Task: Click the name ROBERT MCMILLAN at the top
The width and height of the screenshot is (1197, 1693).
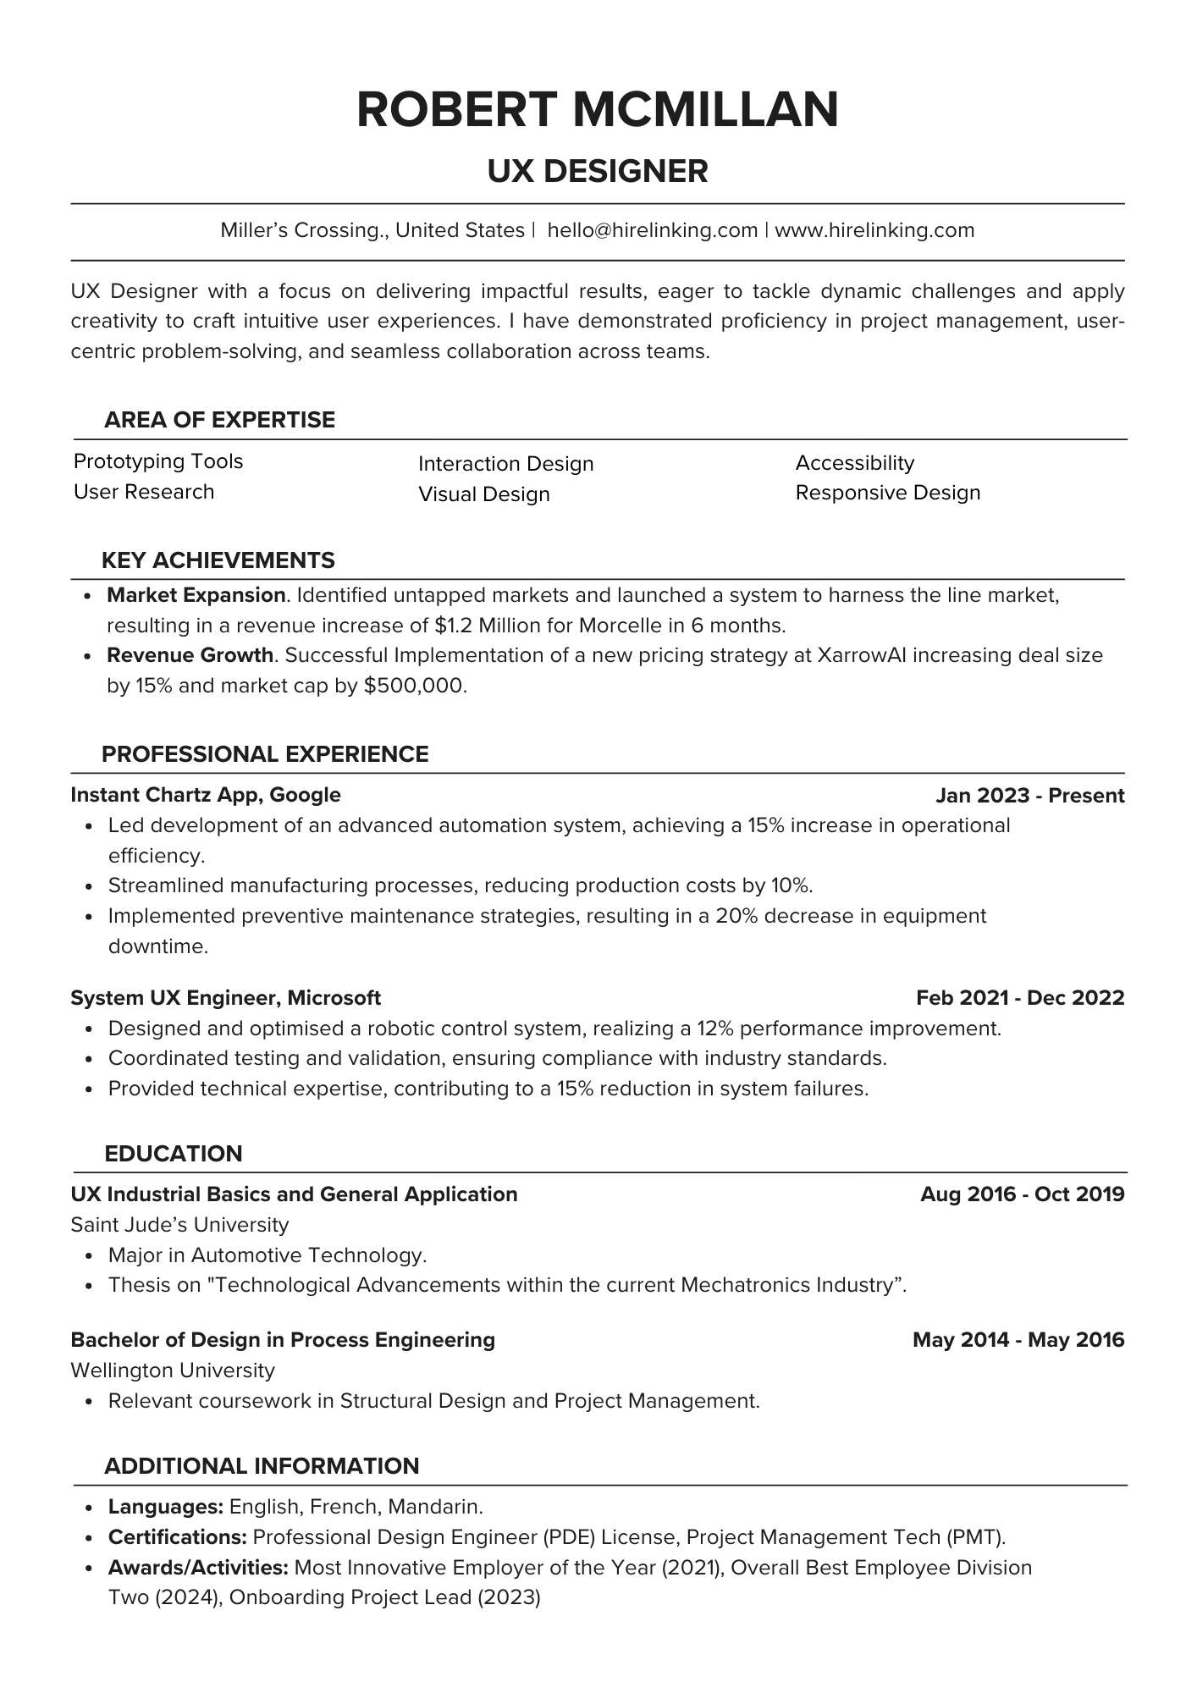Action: (598, 110)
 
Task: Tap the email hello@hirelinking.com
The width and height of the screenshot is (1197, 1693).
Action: (652, 230)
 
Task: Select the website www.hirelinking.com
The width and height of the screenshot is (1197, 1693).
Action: (874, 230)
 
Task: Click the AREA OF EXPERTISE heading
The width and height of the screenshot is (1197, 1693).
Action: (219, 420)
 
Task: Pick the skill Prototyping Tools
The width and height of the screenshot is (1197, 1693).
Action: (158, 461)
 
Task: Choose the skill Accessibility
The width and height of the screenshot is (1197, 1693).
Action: (855, 463)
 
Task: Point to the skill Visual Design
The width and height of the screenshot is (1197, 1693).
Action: (483, 494)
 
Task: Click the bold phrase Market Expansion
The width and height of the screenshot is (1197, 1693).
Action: (196, 595)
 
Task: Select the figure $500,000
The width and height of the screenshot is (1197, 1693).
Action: (414, 686)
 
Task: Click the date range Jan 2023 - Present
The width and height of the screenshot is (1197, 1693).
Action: (1029, 796)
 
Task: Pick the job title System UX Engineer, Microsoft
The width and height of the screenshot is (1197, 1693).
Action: (225, 998)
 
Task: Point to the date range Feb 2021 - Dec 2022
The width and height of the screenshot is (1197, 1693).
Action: (1019, 998)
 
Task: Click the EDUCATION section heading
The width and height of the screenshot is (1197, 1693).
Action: (173, 1154)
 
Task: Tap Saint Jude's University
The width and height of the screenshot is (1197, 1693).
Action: (179, 1225)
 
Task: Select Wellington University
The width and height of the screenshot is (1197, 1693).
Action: (173, 1370)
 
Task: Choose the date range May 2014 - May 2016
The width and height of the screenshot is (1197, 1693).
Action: (1018, 1340)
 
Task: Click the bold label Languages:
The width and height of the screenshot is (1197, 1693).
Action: (166, 1507)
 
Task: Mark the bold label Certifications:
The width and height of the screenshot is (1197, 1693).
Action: (177, 1537)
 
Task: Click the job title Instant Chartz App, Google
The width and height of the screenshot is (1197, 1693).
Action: (206, 795)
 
